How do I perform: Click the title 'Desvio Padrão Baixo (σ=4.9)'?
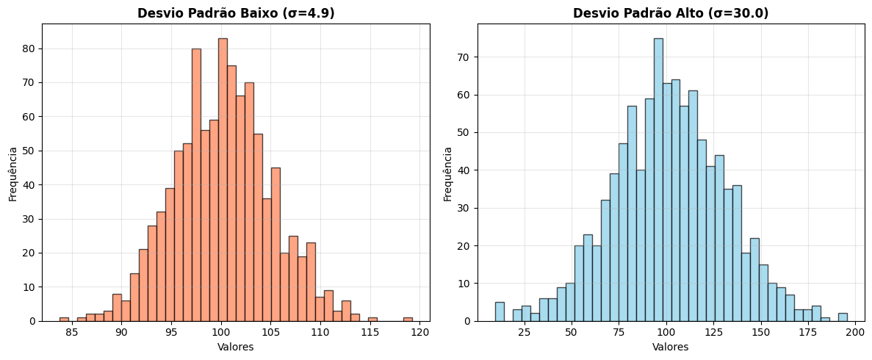236,13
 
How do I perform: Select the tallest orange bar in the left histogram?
223,180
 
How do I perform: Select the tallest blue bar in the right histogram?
658,180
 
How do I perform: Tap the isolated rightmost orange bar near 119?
408,319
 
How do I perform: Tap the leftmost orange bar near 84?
64,319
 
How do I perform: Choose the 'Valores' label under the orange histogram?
236,347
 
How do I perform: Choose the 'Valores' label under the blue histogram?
671,347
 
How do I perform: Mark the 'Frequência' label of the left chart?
12,173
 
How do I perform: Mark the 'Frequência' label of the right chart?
448,173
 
